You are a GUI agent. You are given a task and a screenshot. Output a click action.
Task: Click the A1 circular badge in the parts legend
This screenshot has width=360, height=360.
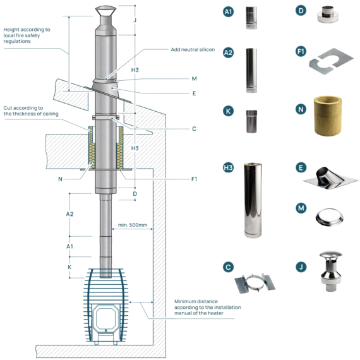click(228, 11)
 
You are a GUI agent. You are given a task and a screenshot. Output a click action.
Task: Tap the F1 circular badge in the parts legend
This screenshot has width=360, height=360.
click(301, 51)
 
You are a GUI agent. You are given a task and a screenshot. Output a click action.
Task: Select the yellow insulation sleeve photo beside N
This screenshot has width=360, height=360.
click(328, 116)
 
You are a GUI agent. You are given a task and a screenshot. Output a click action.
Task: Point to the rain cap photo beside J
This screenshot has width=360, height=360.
click(330, 271)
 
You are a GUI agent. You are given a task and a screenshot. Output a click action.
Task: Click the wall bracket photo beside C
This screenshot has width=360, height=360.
click(255, 284)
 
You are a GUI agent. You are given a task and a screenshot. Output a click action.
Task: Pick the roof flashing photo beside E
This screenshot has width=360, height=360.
click(330, 178)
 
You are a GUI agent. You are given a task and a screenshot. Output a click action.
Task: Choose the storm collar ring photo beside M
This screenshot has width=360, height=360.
click(330, 217)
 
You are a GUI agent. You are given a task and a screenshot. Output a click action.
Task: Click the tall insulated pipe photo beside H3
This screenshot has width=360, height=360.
click(253, 200)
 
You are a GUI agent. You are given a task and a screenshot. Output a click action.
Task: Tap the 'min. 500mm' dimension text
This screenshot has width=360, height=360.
click(133, 225)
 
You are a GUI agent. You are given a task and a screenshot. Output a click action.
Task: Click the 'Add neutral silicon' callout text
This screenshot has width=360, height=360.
click(193, 50)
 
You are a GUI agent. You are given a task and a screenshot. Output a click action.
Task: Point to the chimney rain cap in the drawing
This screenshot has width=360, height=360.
click(105, 11)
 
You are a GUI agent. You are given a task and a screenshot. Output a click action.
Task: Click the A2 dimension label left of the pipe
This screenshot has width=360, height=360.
click(69, 214)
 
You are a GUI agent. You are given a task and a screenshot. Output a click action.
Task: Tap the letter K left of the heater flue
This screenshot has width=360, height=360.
click(69, 267)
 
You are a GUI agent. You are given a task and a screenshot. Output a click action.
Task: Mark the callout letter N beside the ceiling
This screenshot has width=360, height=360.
click(60, 179)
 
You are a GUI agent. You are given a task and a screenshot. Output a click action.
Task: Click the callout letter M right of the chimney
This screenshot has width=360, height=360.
click(195, 79)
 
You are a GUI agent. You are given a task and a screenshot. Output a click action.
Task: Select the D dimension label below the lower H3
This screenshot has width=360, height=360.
click(135, 194)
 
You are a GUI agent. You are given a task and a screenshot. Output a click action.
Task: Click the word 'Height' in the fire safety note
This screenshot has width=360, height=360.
click(11, 30)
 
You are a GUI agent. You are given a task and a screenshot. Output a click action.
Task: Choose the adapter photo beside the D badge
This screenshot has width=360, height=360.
click(328, 15)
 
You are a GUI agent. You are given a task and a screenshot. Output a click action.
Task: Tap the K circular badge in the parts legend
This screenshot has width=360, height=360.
click(228, 111)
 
